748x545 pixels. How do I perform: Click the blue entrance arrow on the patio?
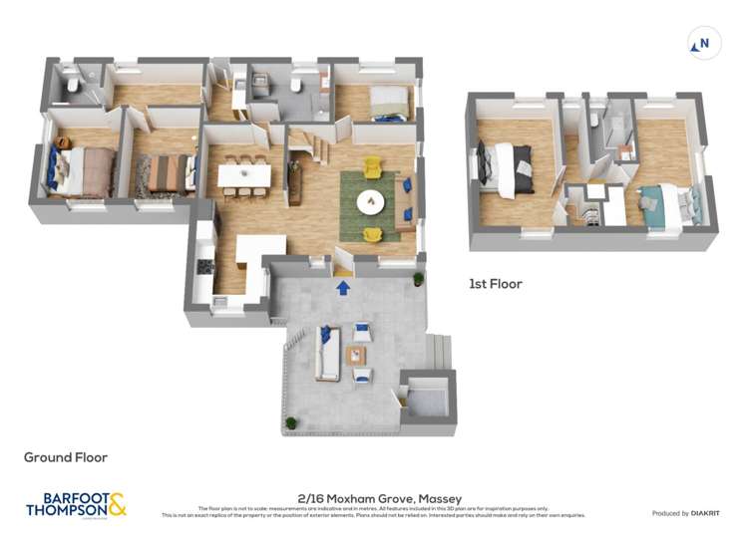click(x=343, y=288)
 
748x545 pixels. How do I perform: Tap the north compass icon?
click(x=704, y=43)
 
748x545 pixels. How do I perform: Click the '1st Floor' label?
click(x=495, y=284)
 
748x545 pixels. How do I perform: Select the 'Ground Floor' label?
click(x=66, y=457)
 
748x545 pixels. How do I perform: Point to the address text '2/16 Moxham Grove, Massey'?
click(x=380, y=498)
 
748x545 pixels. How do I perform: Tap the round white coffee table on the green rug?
click(x=371, y=202)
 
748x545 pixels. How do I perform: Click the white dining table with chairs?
click(x=244, y=175)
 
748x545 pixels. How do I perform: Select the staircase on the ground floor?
click(x=313, y=148)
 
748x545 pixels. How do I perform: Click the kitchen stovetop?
click(x=204, y=266)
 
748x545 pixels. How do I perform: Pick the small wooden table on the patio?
click(x=356, y=355)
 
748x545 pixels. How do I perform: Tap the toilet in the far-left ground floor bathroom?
click(x=73, y=86)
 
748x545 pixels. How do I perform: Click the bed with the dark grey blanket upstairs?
click(x=508, y=167)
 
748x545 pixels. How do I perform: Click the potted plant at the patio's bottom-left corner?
click(x=291, y=422)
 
